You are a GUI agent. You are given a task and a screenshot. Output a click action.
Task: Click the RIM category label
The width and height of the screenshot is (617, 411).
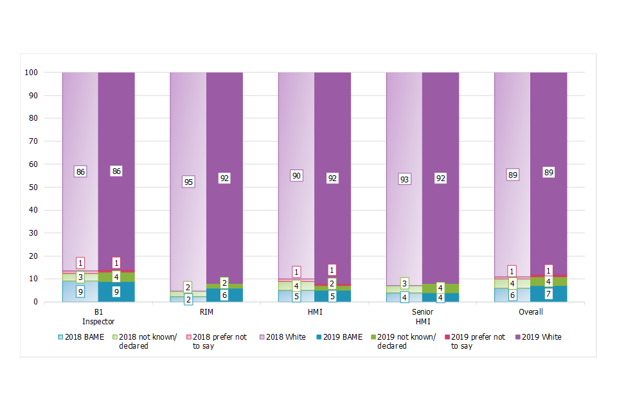(206, 312)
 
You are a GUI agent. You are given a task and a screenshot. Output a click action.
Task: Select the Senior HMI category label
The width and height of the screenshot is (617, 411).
(422, 317)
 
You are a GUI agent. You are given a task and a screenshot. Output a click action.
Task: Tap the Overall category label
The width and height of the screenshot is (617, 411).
(530, 312)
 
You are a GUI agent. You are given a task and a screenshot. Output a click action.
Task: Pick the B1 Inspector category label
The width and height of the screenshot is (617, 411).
(98, 317)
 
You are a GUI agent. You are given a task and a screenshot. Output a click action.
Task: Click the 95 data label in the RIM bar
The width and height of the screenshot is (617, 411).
(188, 182)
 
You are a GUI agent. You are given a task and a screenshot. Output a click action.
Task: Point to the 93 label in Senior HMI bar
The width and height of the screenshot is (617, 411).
(404, 180)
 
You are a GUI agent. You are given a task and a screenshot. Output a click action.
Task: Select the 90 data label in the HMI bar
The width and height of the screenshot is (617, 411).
(296, 175)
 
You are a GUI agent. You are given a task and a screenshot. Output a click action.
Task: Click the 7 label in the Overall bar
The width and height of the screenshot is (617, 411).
(548, 294)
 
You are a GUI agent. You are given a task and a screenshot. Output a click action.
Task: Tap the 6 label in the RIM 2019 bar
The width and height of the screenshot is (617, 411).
(224, 295)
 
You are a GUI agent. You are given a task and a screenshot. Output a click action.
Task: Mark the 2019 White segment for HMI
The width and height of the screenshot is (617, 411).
(332, 128)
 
